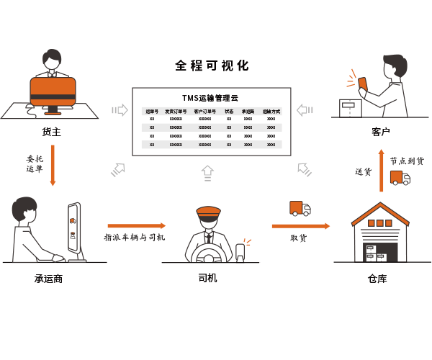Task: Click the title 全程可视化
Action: pos(212,66)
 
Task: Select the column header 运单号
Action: pos(152,112)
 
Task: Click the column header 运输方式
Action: pos(271,112)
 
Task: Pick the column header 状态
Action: pos(229,112)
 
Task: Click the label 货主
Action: pos(52,132)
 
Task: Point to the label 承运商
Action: pos(48,278)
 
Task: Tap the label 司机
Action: pos(207,278)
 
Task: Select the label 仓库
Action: pos(377,278)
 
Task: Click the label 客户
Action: pos(381,132)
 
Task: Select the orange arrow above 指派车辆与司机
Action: pos(136,225)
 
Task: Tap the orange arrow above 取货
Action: pos(300,226)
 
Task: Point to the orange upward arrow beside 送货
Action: pos(382,171)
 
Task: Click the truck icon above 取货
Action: pos(300,209)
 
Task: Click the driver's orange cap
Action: pos(208,211)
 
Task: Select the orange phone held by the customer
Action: pos(363,84)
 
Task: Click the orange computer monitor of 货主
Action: pos(53,91)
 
